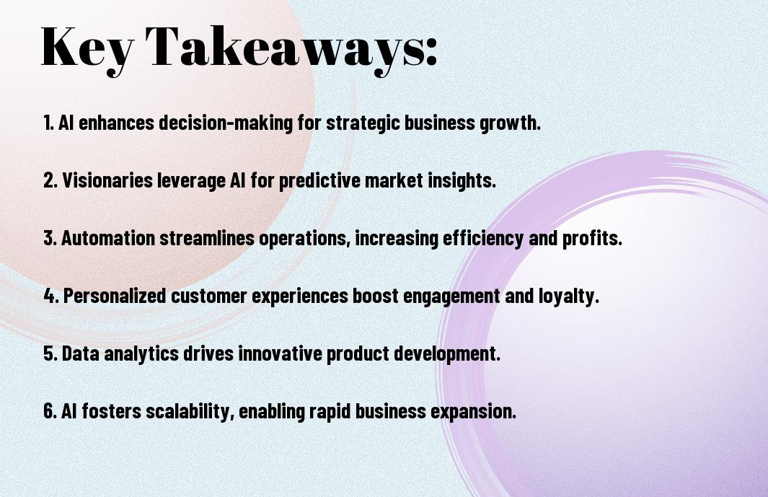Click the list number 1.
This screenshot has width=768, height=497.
[x=48, y=123]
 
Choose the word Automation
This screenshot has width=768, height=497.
[x=108, y=238]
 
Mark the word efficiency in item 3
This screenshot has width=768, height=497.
[x=483, y=239]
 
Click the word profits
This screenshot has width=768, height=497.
[x=592, y=239]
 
